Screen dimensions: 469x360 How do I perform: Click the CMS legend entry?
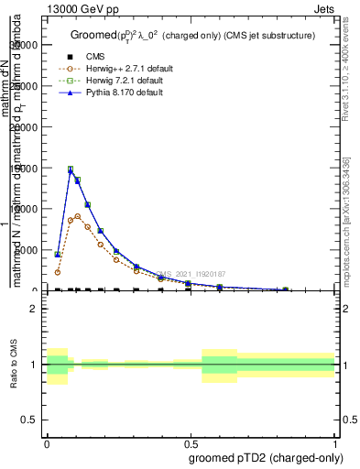[95, 57]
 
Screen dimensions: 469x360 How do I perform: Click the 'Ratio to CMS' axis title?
[13, 364]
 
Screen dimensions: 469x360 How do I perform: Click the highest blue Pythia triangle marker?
[71, 170]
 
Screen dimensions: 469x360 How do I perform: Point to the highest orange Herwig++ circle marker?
[78, 216]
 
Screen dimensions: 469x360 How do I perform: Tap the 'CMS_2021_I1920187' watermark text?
[191, 274]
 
